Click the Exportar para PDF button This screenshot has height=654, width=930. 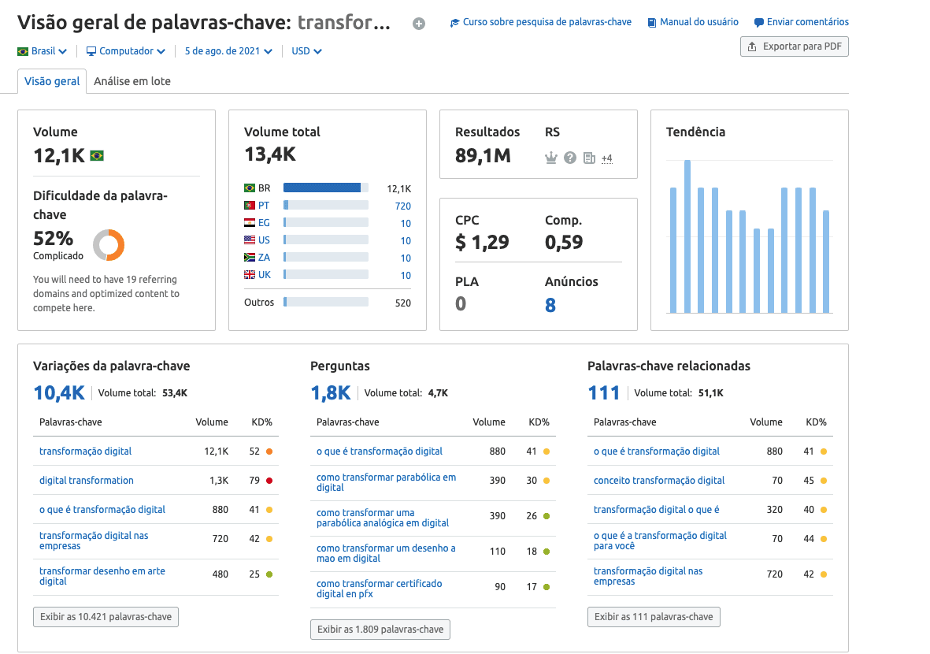point(794,46)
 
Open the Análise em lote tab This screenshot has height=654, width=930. point(132,81)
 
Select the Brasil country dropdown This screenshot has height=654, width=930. point(43,51)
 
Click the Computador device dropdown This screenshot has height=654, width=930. point(126,51)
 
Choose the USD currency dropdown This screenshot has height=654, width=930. point(306,51)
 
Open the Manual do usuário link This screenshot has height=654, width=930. point(693,22)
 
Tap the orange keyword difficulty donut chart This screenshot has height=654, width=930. point(109,245)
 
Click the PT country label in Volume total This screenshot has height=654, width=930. point(263,206)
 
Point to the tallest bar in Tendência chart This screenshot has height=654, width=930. point(687,236)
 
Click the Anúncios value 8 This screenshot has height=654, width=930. point(550,305)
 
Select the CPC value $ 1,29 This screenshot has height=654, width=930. point(482,242)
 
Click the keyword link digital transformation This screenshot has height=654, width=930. point(87,481)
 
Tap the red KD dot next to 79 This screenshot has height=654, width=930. point(269,481)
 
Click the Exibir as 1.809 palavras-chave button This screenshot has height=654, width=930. point(380,629)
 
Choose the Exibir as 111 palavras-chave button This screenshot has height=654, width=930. point(654,617)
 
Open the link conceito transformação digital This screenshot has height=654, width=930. point(659,481)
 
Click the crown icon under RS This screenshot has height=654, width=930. point(551,158)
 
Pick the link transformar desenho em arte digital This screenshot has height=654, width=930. point(102,576)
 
